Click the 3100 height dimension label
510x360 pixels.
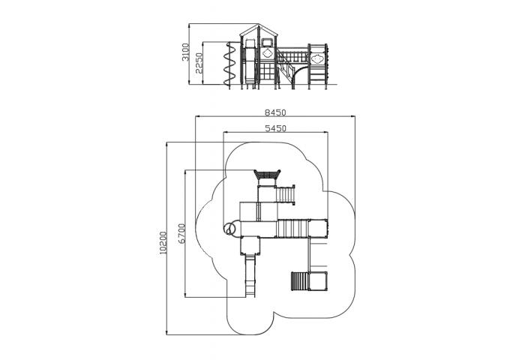tap(185, 52)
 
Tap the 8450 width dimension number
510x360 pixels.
tap(275, 112)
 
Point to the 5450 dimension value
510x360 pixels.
tap(276, 128)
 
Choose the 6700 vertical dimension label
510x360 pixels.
tap(181, 233)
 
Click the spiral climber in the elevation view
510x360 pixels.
tap(229, 65)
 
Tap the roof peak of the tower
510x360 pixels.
tap(259, 24)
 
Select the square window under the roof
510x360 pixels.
tap(267, 42)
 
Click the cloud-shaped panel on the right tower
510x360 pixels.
tap(316, 58)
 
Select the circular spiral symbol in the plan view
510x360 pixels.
tap(230, 228)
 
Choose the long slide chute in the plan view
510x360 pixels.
tap(250, 275)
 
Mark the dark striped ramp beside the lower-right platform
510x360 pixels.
tap(299, 281)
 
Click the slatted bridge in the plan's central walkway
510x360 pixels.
tap(292, 229)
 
